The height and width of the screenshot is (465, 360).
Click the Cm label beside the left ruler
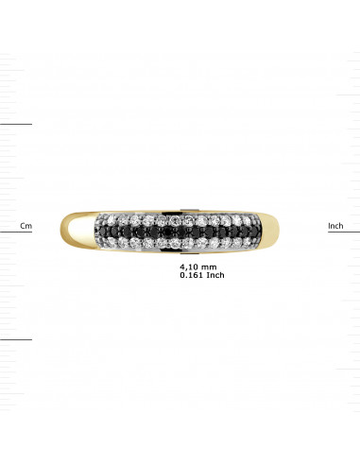26,226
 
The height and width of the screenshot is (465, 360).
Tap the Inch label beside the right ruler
334,226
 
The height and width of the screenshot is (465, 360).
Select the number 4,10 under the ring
189,267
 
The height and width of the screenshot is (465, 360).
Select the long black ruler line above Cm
16,124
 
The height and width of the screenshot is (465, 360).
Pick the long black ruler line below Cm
16,339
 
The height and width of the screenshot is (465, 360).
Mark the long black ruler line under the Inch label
344,232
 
